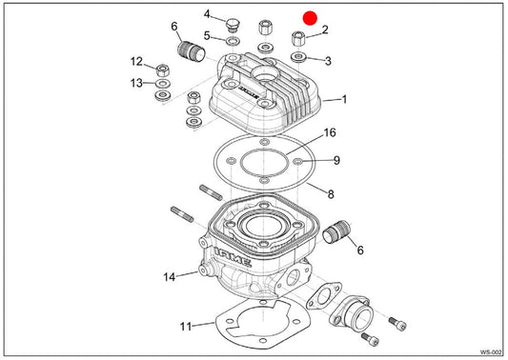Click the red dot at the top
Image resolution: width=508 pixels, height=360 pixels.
click(310, 18)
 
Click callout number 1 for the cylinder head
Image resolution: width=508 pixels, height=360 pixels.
click(344, 99)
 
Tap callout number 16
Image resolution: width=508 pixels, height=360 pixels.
click(330, 132)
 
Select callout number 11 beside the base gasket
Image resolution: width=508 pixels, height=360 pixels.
click(186, 327)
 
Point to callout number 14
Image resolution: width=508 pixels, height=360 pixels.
click(169, 277)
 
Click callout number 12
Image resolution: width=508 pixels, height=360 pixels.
click(136, 62)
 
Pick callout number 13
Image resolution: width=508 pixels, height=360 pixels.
click(136, 83)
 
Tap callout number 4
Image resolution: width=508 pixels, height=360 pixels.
click(207, 14)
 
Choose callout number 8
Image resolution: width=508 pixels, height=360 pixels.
click(331, 194)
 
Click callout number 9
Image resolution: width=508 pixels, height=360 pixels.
click(337, 160)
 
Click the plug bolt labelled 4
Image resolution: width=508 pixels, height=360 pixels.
click(232, 26)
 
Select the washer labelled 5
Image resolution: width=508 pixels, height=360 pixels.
click(233, 42)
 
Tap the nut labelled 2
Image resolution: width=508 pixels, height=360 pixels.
click(298, 39)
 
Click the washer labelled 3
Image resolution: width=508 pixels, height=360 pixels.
click(298, 57)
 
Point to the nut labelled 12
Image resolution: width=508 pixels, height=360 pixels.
click(163, 70)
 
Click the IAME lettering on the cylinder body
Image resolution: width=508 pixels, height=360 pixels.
click(233, 258)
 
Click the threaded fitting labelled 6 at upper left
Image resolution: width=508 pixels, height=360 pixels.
click(192, 51)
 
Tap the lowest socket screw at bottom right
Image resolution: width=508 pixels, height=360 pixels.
click(370, 339)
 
